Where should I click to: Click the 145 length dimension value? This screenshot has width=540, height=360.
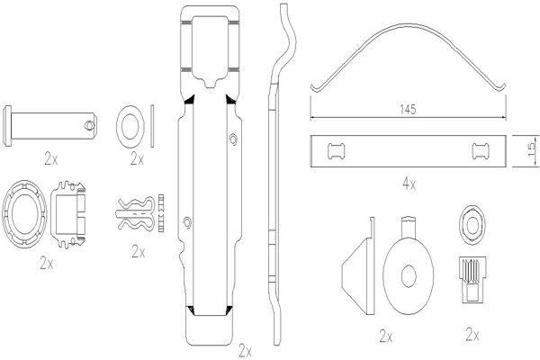408,109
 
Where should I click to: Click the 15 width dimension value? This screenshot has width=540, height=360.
532,149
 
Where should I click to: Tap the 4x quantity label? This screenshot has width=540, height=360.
409,184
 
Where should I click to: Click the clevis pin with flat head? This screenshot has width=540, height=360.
49,126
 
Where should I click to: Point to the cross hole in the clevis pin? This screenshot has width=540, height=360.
89,126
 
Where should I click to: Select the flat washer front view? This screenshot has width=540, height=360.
130,126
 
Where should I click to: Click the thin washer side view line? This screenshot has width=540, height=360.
152,126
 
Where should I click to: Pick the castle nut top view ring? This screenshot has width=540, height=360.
24,213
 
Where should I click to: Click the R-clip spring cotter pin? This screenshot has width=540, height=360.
135,214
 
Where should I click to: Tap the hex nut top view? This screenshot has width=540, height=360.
472,225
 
